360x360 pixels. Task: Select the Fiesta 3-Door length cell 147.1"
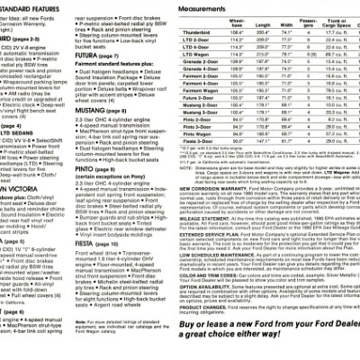pyautogui.click(x=264, y=165)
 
